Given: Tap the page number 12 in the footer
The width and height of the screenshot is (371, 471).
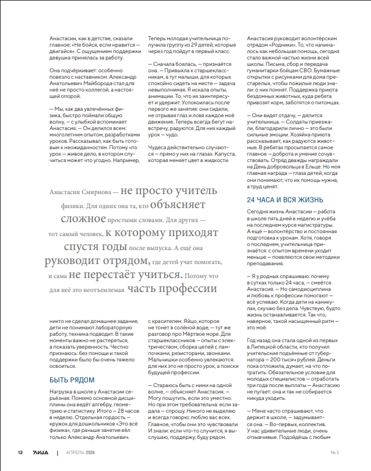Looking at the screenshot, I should point(20,452).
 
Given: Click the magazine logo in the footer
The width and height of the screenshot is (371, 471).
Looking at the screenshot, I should point(40,452).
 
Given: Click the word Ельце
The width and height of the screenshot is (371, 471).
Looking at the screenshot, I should point(320,164).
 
